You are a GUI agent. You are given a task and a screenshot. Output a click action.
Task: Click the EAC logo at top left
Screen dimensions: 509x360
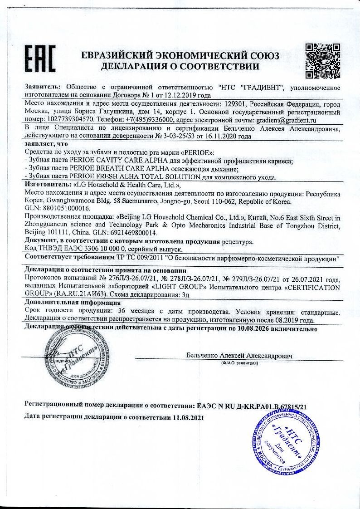40,59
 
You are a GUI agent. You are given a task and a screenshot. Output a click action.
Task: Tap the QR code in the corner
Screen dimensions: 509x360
322,60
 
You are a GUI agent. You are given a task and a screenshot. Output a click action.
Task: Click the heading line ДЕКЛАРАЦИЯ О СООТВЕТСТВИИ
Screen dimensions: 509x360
180,66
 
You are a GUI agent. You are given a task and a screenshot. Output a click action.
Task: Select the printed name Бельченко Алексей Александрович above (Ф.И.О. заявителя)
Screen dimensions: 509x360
239,356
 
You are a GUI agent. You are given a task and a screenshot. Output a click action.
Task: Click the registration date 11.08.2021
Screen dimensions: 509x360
187,417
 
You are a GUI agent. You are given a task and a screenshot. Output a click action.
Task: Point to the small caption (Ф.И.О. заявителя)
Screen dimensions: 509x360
239,364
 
